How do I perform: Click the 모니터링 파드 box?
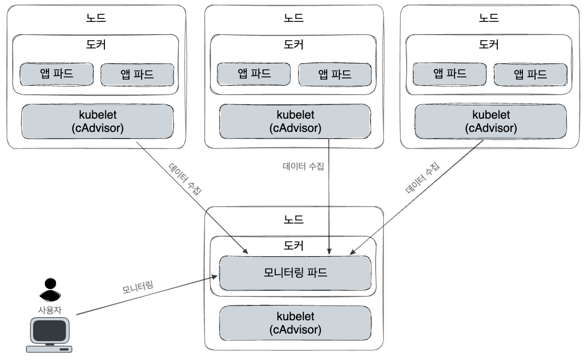pyautogui.click(x=295, y=272)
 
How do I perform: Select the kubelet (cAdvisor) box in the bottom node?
pyautogui.click(x=295, y=323)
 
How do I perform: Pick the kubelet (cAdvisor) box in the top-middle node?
pyautogui.click(x=295, y=121)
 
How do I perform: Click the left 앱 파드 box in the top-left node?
pyautogui.click(x=57, y=74)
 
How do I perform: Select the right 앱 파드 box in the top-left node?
pyautogui.click(x=137, y=74)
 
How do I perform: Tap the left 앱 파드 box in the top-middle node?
pyautogui.click(x=254, y=74)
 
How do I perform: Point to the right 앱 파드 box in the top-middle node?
pyautogui.click(x=334, y=74)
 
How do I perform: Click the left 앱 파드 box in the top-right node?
pyautogui.click(x=449, y=74)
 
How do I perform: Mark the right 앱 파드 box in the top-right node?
pyautogui.click(x=530, y=74)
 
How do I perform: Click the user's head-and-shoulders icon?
pyautogui.click(x=49, y=290)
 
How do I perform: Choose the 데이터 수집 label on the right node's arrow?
pyautogui.click(x=423, y=179)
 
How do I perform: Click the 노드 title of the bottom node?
pyautogui.click(x=294, y=220)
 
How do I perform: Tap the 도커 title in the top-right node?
pyautogui.click(x=490, y=44)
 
